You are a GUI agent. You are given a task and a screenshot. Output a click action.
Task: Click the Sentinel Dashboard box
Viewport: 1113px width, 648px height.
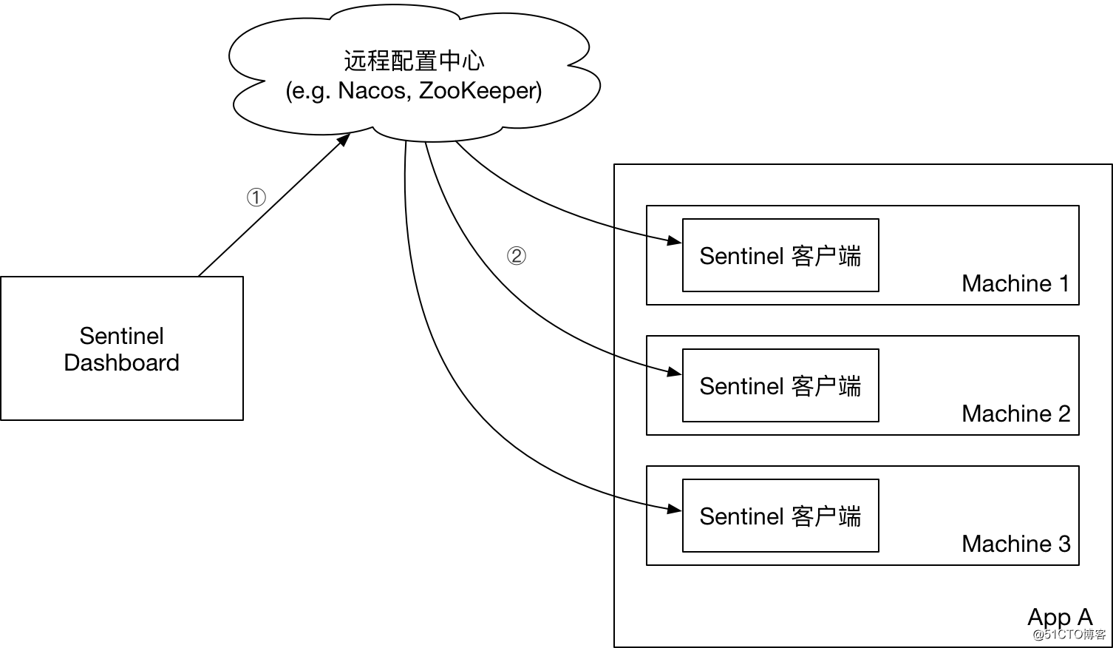[x=122, y=348]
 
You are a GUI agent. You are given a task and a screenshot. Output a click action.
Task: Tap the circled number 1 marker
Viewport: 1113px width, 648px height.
[x=256, y=198]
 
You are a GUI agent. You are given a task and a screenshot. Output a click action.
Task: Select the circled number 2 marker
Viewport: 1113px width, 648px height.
[x=516, y=256]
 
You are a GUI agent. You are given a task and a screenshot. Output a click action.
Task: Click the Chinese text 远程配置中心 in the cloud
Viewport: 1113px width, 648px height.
[x=414, y=61]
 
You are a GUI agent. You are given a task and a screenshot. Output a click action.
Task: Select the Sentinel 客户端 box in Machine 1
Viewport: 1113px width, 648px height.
[x=780, y=255]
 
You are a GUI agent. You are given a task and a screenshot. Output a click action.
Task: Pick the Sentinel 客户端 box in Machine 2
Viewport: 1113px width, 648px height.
[x=780, y=385]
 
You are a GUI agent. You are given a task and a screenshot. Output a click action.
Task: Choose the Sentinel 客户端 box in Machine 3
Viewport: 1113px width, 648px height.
[x=780, y=516]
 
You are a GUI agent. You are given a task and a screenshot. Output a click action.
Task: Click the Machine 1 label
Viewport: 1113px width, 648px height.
[x=1015, y=283]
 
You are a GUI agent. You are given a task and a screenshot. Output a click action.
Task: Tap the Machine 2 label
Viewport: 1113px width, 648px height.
[x=1015, y=414]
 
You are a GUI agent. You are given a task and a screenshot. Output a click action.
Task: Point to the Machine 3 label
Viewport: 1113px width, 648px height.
[x=1015, y=544]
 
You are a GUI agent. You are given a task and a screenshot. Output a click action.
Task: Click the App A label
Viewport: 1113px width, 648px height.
[x=1059, y=616]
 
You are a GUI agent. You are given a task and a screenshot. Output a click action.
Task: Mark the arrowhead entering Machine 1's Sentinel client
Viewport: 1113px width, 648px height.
[x=675, y=240]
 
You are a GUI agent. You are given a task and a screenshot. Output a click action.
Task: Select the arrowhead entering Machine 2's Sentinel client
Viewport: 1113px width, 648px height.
[x=675, y=371]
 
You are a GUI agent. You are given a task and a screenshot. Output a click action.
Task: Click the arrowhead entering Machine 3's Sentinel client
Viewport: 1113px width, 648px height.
[x=675, y=508]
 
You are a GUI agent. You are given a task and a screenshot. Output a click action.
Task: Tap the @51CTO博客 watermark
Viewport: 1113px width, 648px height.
[x=1069, y=635]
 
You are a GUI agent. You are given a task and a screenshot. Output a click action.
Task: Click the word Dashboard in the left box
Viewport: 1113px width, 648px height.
[x=122, y=362]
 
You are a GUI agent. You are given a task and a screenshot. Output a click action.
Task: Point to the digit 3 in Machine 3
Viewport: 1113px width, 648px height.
[x=1063, y=544]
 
